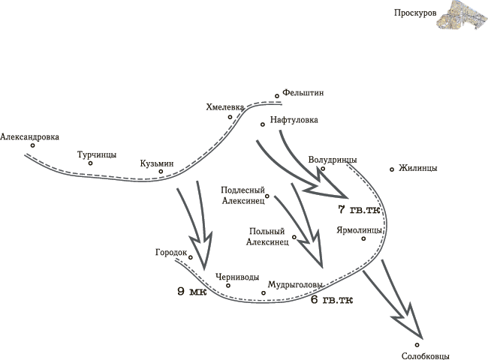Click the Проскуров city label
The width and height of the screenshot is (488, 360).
click(x=415, y=13)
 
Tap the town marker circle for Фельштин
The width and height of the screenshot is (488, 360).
click(x=277, y=96)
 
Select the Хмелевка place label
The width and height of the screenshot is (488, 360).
click(x=224, y=107)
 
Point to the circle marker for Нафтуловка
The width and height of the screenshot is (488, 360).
click(x=263, y=124)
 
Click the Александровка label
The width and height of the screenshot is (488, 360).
click(x=29, y=137)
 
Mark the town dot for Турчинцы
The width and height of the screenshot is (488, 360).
click(x=90, y=163)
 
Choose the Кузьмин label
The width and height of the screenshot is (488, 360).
click(x=157, y=163)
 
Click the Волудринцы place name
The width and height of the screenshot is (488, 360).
click(x=333, y=160)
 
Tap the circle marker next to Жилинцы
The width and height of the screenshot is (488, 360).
click(x=392, y=169)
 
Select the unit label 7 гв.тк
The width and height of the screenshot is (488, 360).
click(x=359, y=209)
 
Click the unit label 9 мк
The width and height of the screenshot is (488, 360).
click(x=192, y=292)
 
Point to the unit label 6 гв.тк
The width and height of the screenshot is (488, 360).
click(x=332, y=300)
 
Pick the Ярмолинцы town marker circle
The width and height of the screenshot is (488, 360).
click(x=363, y=238)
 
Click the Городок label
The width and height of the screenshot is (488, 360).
click(x=171, y=253)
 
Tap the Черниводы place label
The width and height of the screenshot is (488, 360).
click(x=237, y=277)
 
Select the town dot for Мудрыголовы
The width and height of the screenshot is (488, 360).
click(x=264, y=292)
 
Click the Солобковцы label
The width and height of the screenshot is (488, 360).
click(x=426, y=356)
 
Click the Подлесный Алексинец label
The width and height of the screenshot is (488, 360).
click(x=243, y=195)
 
